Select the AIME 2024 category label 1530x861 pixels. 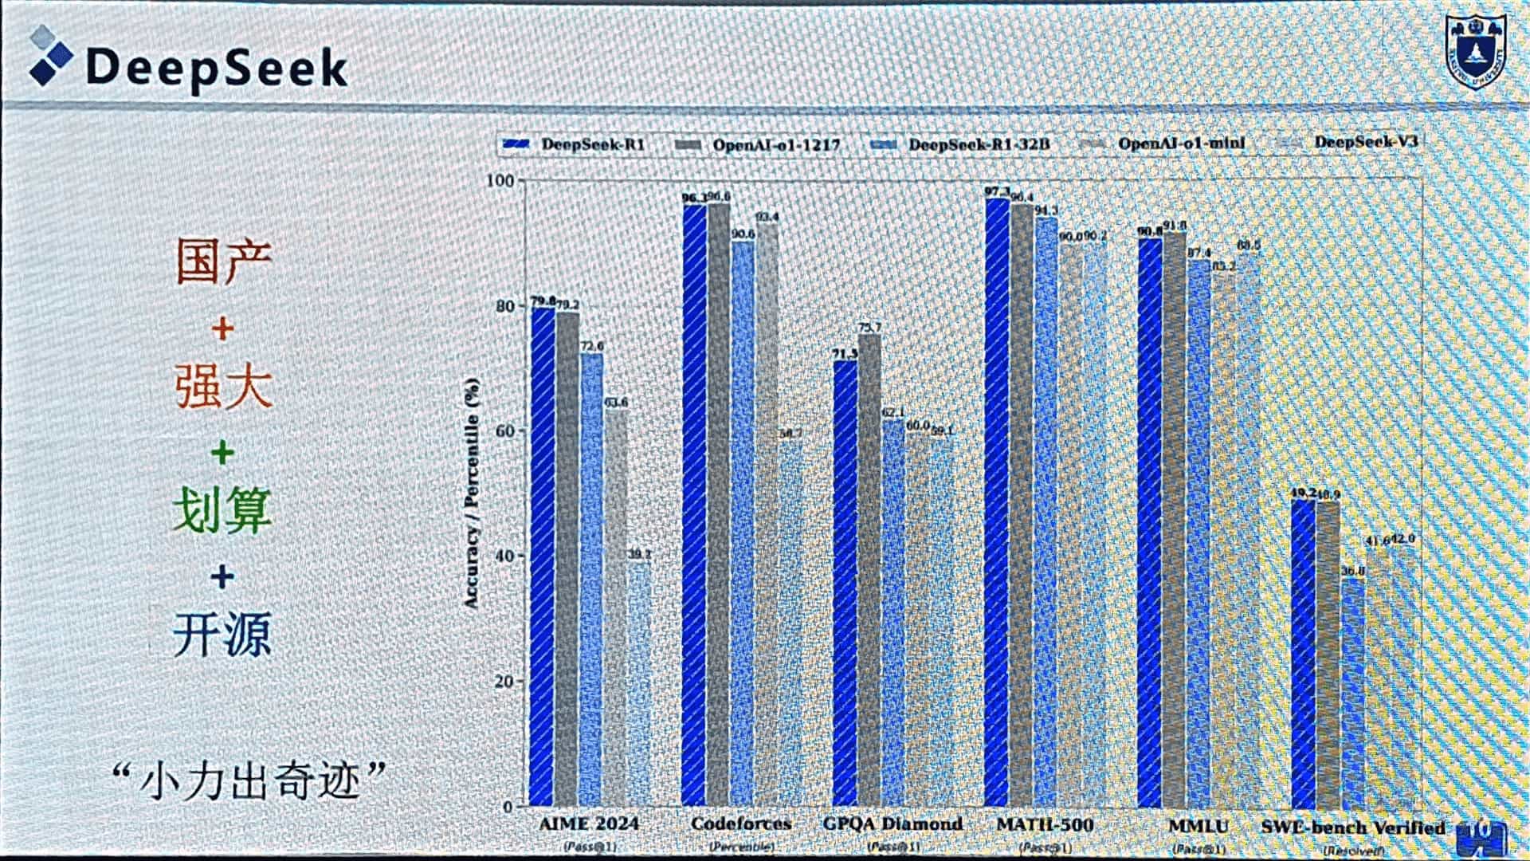(x=589, y=824)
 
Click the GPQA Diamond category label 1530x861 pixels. (x=892, y=824)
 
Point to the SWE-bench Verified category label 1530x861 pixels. (x=1352, y=828)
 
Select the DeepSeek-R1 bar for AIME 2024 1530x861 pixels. (x=543, y=558)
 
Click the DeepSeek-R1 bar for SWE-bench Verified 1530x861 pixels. (x=1303, y=654)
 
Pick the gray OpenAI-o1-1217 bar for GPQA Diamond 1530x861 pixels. (x=869, y=570)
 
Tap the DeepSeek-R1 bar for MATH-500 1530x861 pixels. (x=997, y=502)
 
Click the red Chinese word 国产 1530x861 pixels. (x=224, y=261)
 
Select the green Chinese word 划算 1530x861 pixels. (x=222, y=510)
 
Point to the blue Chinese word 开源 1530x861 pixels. (x=222, y=635)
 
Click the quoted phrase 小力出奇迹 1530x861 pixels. (x=249, y=780)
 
